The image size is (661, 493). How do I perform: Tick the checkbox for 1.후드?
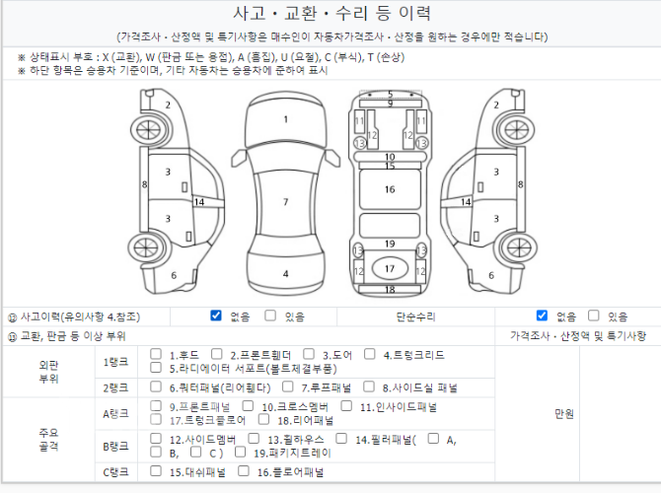[x=156, y=354]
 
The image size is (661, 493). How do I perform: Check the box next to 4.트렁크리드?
[x=370, y=354]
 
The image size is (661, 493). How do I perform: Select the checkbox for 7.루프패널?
[x=287, y=387]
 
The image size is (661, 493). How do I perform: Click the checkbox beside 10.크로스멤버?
[x=248, y=406]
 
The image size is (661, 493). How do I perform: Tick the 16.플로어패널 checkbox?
[x=244, y=471]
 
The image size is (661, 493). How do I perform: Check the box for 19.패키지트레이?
[x=240, y=453]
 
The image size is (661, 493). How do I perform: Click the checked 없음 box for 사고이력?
[x=216, y=316]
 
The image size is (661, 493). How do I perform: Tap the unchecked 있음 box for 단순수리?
[x=594, y=316]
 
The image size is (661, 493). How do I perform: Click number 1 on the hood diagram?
[x=286, y=119]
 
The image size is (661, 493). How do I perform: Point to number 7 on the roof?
[x=286, y=202]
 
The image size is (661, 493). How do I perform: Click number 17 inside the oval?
[x=390, y=269]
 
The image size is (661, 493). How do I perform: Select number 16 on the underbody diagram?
[x=390, y=189]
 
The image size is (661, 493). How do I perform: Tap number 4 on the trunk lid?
[x=286, y=274]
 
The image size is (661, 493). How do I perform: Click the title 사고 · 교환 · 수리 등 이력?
[x=331, y=14]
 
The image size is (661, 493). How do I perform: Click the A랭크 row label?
[x=116, y=414]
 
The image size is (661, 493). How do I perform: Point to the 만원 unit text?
[x=564, y=414]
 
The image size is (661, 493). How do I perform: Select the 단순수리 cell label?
[x=415, y=317]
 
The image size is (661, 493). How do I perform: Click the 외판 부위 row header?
[x=48, y=372]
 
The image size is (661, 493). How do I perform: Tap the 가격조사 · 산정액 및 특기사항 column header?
[x=578, y=336]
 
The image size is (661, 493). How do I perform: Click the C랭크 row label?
[x=116, y=472]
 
